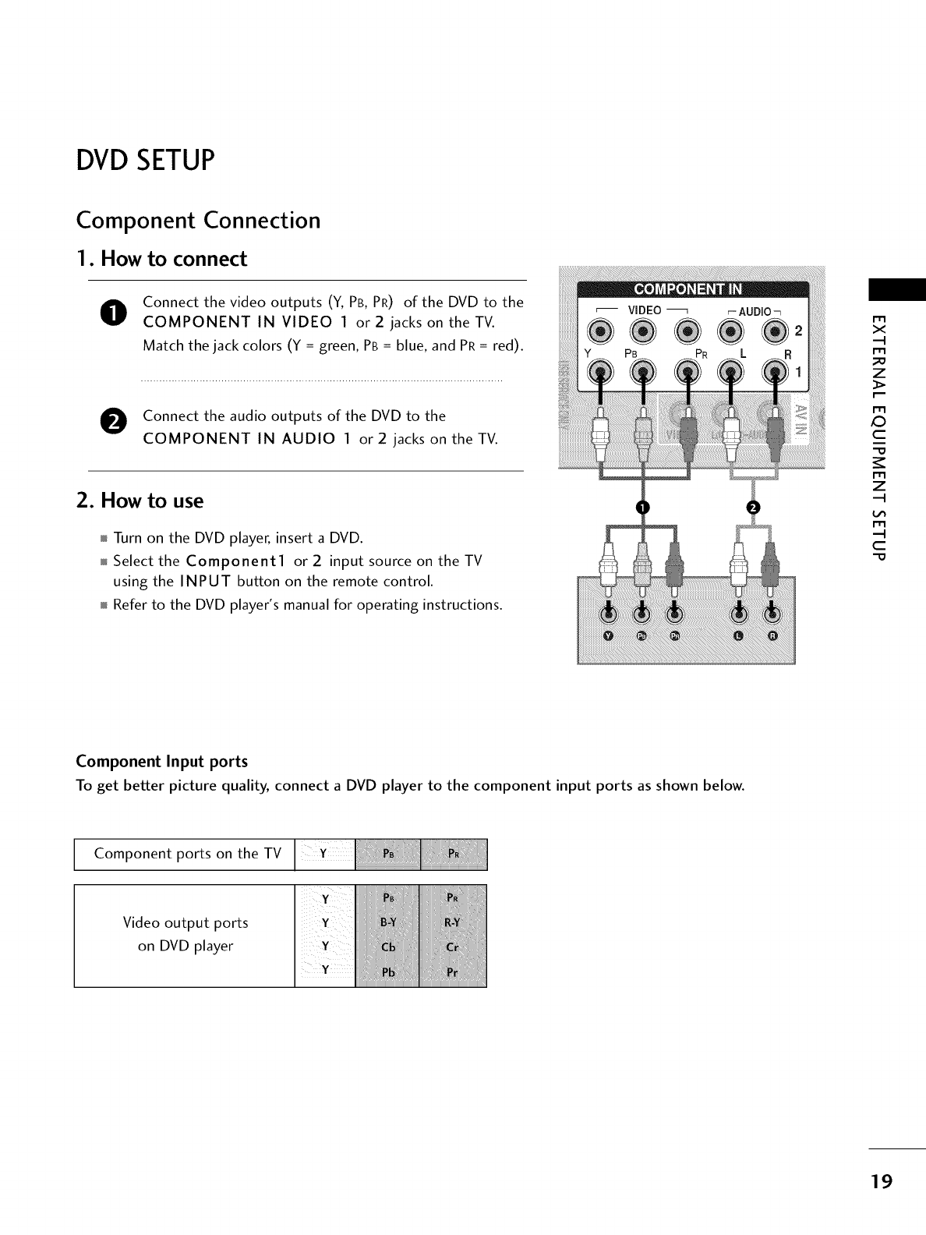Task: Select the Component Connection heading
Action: point(198,221)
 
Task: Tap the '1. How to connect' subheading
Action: point(161,259)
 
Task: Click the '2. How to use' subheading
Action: point(140,501)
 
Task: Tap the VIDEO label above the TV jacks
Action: point(645,310)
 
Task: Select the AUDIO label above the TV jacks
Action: point(754,312)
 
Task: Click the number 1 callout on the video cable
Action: point(641,508)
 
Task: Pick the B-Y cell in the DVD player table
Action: point(387,924)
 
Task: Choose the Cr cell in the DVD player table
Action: point(452,947)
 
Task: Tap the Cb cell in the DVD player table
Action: point(387,947)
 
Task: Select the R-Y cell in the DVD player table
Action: point(452,924)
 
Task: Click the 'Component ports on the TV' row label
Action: point(187,854)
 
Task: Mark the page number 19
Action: point(882,1181)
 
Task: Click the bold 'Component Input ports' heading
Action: point(161,761)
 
